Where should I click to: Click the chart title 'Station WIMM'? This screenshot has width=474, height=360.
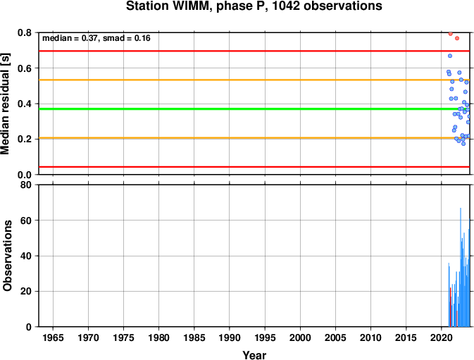[169, 6]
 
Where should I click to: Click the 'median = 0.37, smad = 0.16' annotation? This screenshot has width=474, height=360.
[96, 38]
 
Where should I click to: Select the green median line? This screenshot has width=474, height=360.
[254, 108]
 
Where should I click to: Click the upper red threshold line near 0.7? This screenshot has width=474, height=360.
[254, 51]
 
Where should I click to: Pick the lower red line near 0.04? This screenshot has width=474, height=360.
[254, 167]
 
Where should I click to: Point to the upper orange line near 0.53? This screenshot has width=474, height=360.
[254, 80]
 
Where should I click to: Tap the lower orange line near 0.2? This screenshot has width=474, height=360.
[254, 138]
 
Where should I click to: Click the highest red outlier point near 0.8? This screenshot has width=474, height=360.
[451, 34]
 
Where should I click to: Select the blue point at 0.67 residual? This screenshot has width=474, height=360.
[450, 56]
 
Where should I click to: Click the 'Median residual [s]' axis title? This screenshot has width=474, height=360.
[5, 104]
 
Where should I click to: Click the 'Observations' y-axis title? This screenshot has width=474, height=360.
[7, 256]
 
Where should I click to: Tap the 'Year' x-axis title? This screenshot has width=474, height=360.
[254, 355]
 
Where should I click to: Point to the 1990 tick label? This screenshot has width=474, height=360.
[230, 337]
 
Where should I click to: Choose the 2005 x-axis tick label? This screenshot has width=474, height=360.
[335, 337]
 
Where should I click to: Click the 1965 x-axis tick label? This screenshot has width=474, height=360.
[54, 337]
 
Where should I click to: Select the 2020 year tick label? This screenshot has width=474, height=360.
[441, 337]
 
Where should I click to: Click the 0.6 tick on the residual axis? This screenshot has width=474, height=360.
[25, 68]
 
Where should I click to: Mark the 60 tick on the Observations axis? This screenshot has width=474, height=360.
[26, 221]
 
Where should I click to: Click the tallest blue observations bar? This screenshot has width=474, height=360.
[461, 267]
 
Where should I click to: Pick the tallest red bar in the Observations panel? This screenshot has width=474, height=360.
[451, 307]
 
